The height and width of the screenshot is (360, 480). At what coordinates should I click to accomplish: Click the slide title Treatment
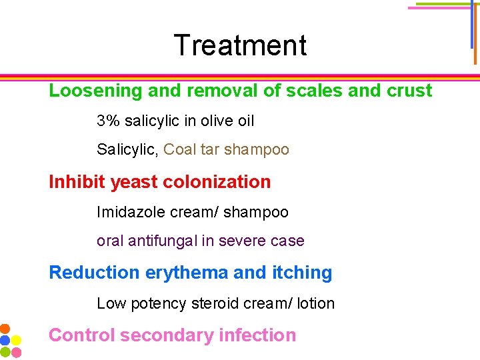click(x=240, y=45)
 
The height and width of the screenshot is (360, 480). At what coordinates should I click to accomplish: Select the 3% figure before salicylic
click(x=107, y=121)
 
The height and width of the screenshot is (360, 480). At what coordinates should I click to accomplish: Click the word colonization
click(x=217, y=181)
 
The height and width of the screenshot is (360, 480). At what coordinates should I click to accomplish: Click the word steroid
click(x=217, y=304)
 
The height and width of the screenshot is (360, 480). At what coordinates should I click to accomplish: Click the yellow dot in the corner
click(x=15, y=340)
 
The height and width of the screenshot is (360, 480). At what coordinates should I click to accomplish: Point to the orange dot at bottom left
click(x=5, y=329)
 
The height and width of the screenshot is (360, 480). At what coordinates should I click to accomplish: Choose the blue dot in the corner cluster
click(x=5, y=340)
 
